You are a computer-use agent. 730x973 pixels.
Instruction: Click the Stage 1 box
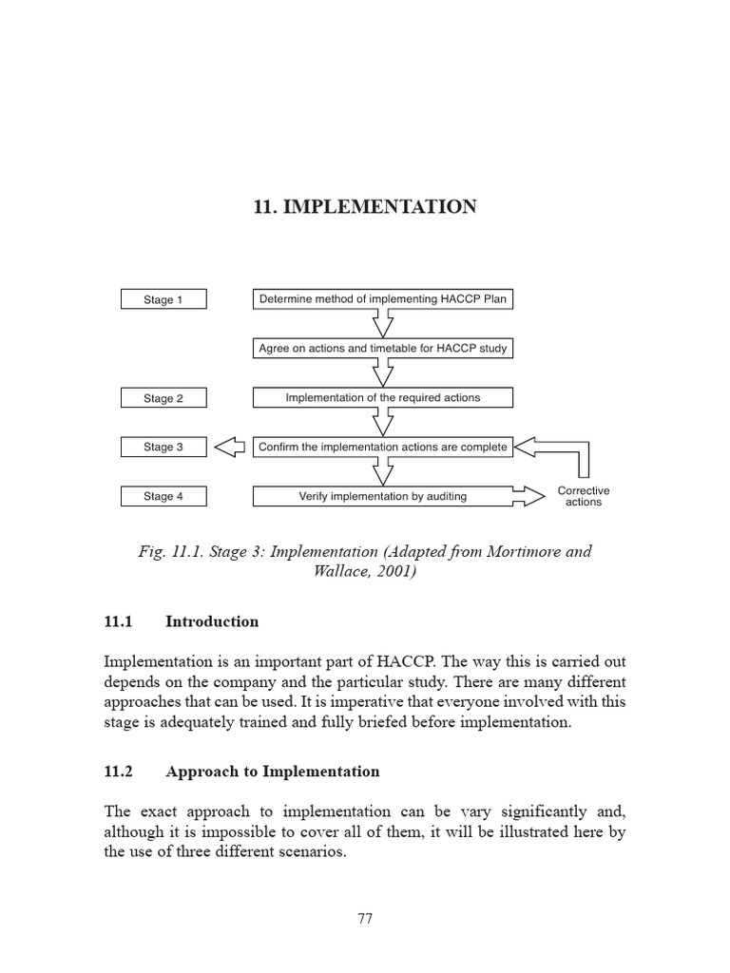(163, 299)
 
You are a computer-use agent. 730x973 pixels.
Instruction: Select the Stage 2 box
(163, 398)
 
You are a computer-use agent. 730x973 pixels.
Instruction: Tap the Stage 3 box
(163, 447)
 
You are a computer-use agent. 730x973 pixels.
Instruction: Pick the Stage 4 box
(163, 496)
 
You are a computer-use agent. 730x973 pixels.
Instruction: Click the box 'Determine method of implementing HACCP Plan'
(383, 299)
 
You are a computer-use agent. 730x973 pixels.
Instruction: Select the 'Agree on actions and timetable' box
(383, 349)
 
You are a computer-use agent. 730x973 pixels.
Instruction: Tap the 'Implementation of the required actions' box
(383, 398)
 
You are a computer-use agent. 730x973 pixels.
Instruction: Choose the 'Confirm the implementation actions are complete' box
(383, 447)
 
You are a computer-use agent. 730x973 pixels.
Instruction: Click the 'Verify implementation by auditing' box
(383, 496)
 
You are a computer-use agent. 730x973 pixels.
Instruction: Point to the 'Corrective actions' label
(584, 496)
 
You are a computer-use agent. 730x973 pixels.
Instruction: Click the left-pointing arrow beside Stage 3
(229, 447)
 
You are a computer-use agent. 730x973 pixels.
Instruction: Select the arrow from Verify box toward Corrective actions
(532, 495)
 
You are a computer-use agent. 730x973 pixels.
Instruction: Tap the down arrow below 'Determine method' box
(383, 324)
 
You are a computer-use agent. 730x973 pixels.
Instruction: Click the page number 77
(365, 918)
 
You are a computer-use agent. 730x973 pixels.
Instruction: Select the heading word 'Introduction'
(212, 621)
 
